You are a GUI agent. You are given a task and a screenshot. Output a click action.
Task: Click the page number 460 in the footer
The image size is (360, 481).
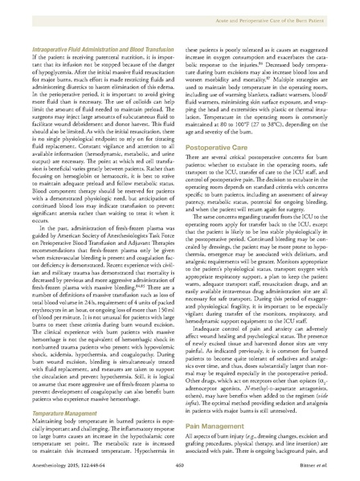180,463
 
